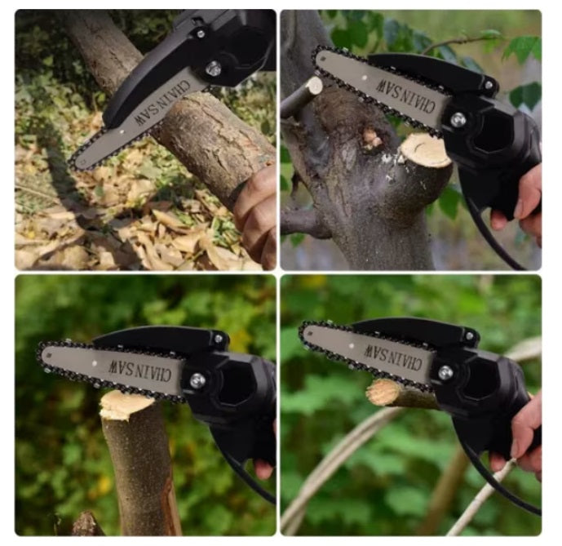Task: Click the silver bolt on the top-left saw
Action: coord(214,69)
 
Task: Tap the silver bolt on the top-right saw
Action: coord(458,120)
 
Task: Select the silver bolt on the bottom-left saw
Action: coord(197,380)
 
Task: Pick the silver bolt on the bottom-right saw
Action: coord(445,373)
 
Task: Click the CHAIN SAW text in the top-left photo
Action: coord(162,103)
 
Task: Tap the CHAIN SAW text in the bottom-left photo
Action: coord(139,371)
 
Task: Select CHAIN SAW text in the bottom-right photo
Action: coord(393,357)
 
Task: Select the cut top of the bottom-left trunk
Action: coord(126,404)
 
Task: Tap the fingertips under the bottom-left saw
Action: coord(263,469)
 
